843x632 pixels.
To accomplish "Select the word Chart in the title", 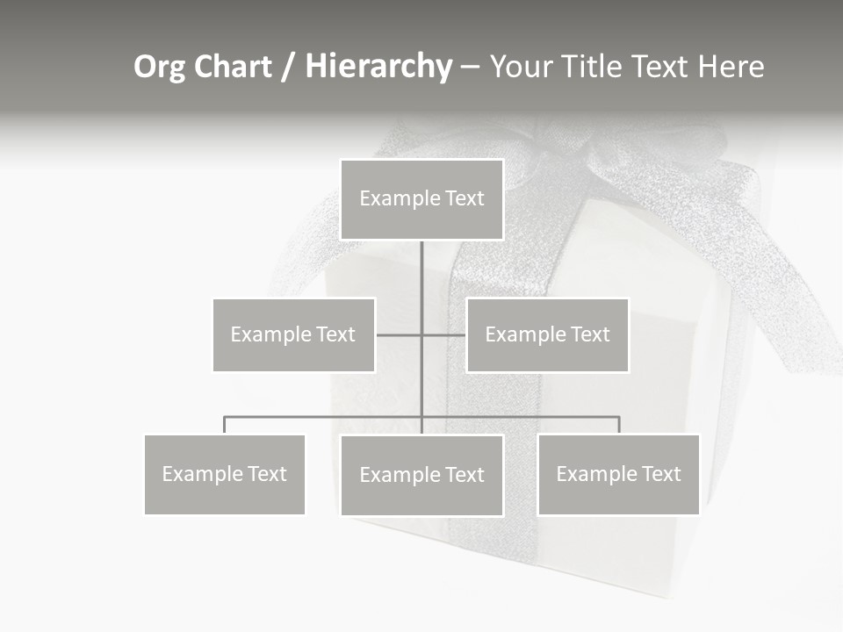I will click(234, 67).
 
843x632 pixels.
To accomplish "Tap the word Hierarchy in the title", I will click(378, 67).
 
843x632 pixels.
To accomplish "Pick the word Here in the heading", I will click(731, 67).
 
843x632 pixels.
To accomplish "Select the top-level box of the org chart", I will click(421, 199).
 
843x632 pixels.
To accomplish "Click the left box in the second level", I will click(293, 334).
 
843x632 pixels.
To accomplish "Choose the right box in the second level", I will click(547, 334).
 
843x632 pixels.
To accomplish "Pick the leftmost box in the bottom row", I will click(225, 474).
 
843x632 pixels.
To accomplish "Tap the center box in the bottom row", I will click(421, 475).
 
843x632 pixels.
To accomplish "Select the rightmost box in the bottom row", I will click(618, 474).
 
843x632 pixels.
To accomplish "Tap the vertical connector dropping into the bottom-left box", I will click(225, 425).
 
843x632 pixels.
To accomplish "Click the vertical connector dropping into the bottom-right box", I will click(618, 425).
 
